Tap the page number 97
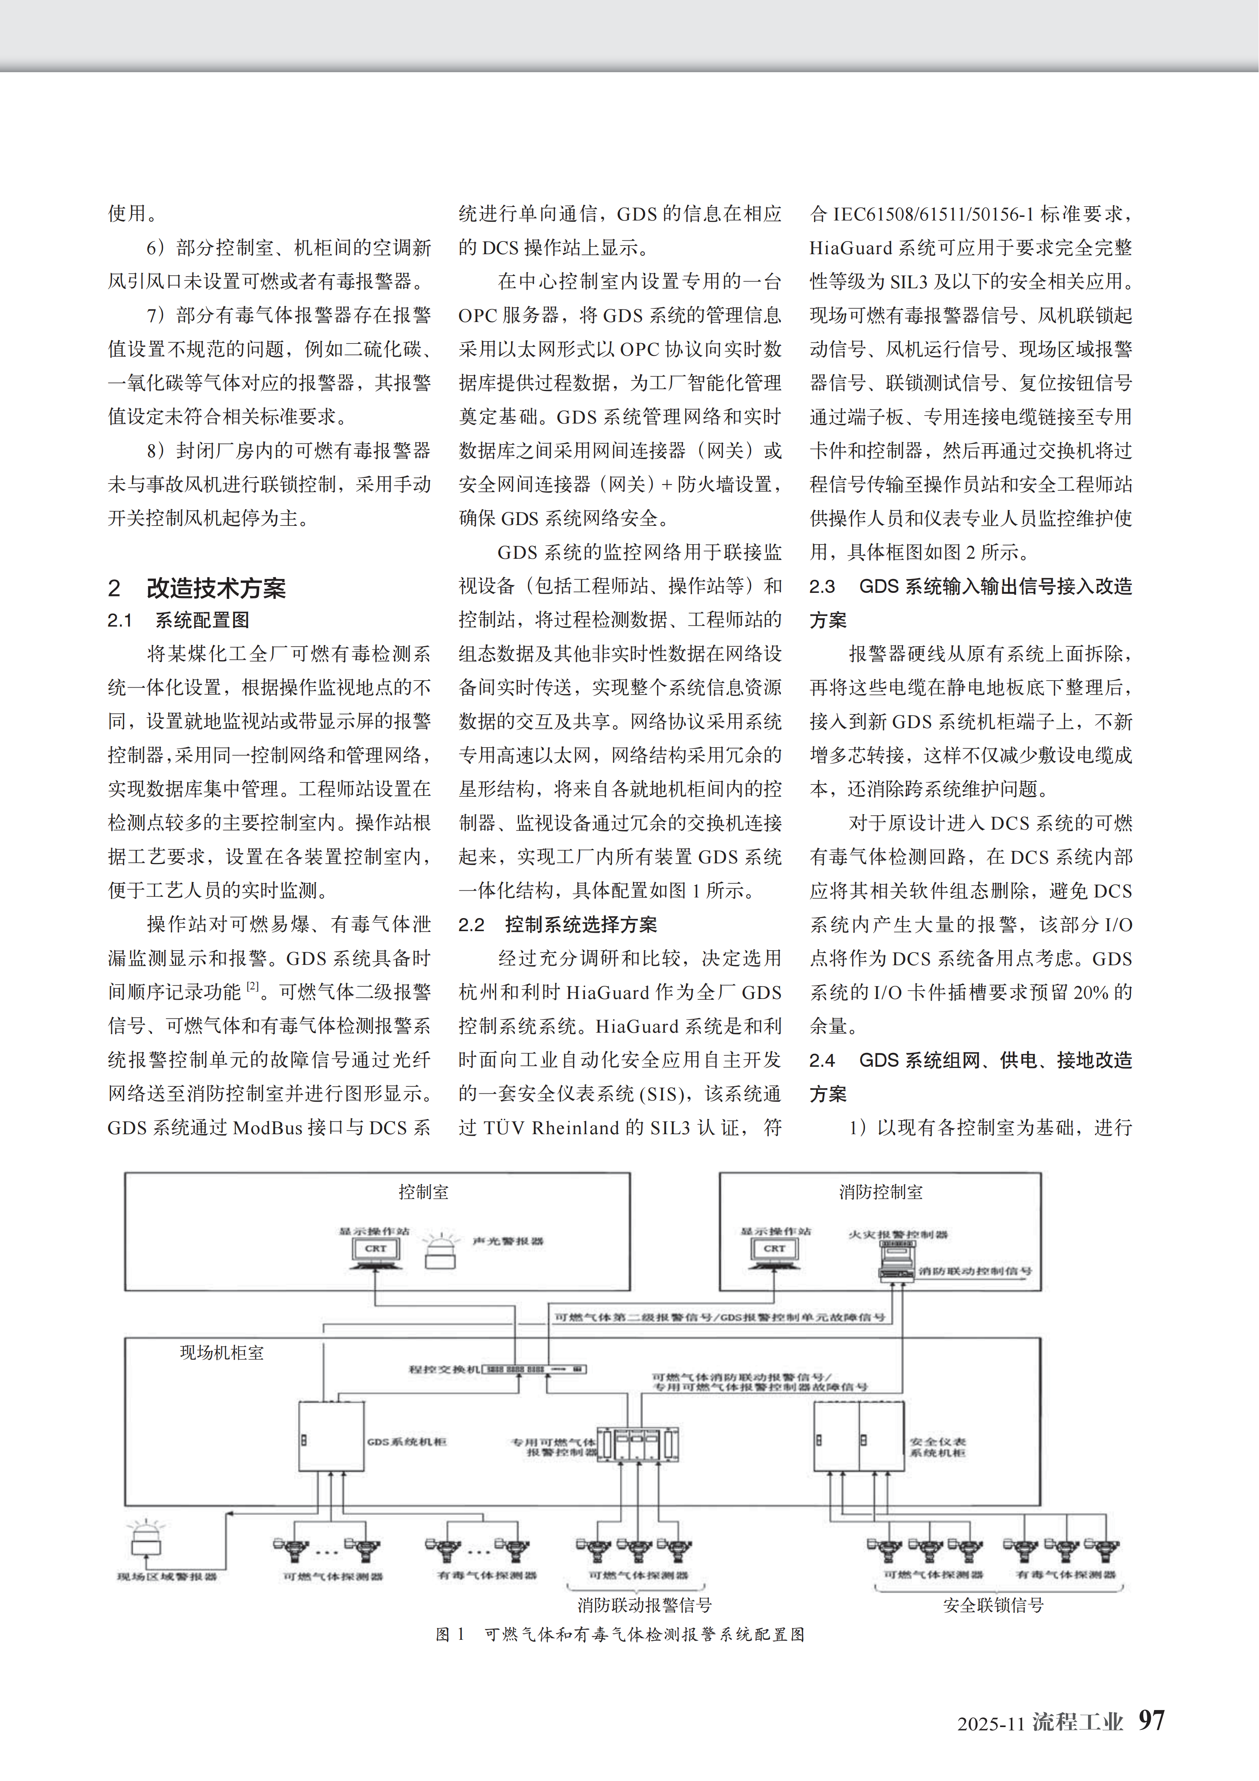(1151, 1720)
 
